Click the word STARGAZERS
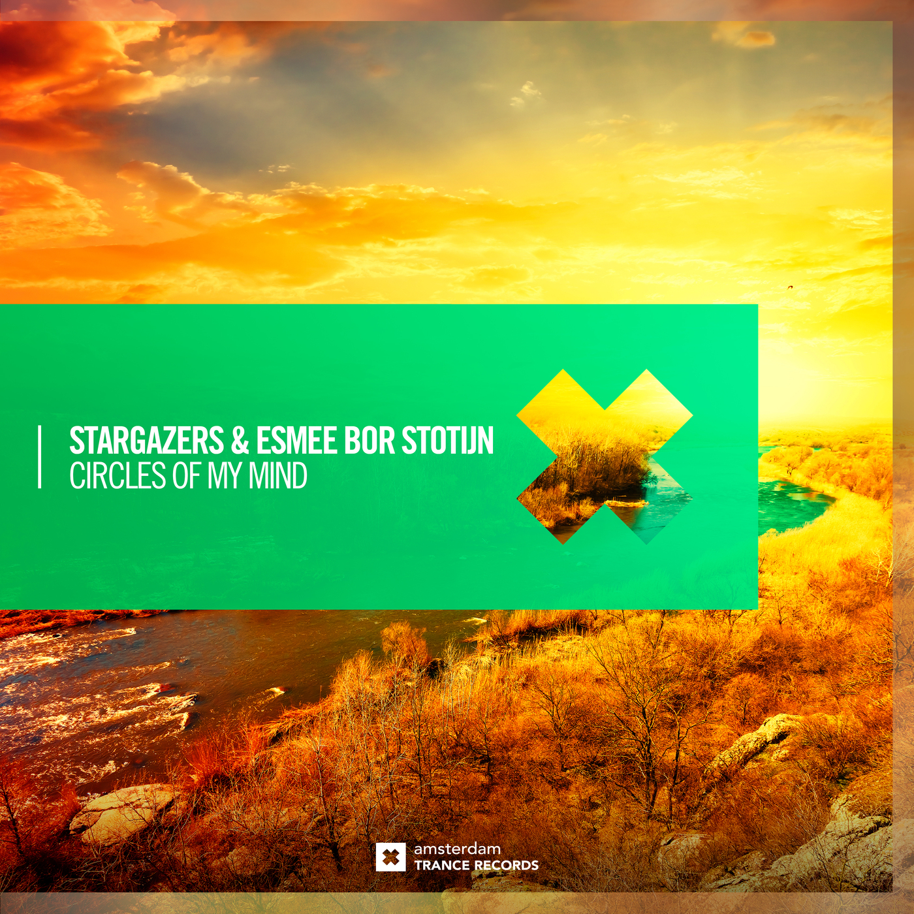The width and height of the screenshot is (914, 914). point(146,441)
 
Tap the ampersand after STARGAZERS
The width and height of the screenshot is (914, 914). point(240,441)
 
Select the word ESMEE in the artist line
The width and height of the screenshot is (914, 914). point(296,441)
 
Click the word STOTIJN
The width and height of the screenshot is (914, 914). point(447,441)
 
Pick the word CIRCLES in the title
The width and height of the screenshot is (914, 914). point(118,476)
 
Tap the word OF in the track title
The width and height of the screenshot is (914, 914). point(187,476)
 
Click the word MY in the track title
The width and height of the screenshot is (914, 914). point(225,476)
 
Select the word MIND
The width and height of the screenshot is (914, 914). point(278,476)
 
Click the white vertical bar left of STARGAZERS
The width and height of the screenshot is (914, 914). point(40,456)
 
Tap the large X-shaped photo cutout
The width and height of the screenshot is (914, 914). point(605,457)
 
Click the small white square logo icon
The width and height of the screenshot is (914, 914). point(390,857)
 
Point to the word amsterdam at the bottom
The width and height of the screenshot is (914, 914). point(457,849)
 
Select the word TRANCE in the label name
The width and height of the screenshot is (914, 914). point(441,866)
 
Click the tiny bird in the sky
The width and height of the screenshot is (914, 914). point(789,287)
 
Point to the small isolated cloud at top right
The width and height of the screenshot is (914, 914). point(744,36)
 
